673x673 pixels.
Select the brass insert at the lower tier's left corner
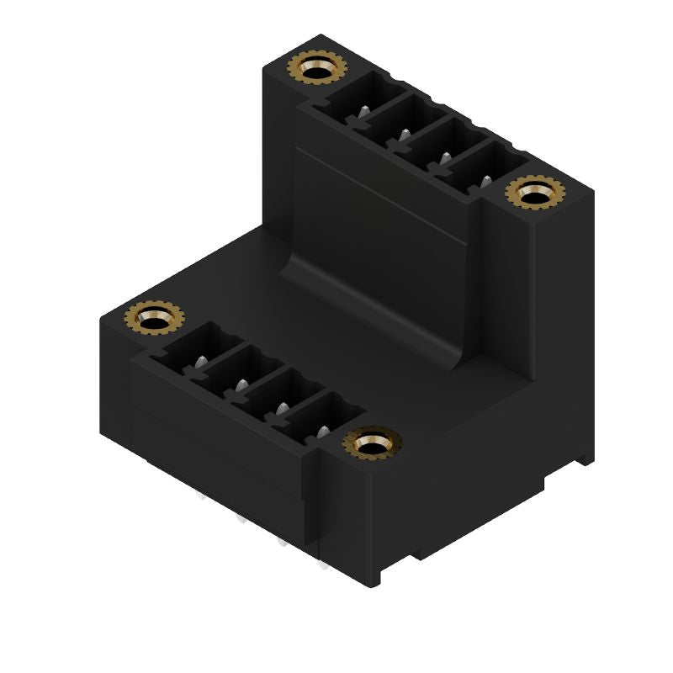click(154, 319)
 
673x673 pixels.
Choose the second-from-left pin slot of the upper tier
click(392, 121)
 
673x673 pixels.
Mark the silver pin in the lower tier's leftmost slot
click(200, 362)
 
